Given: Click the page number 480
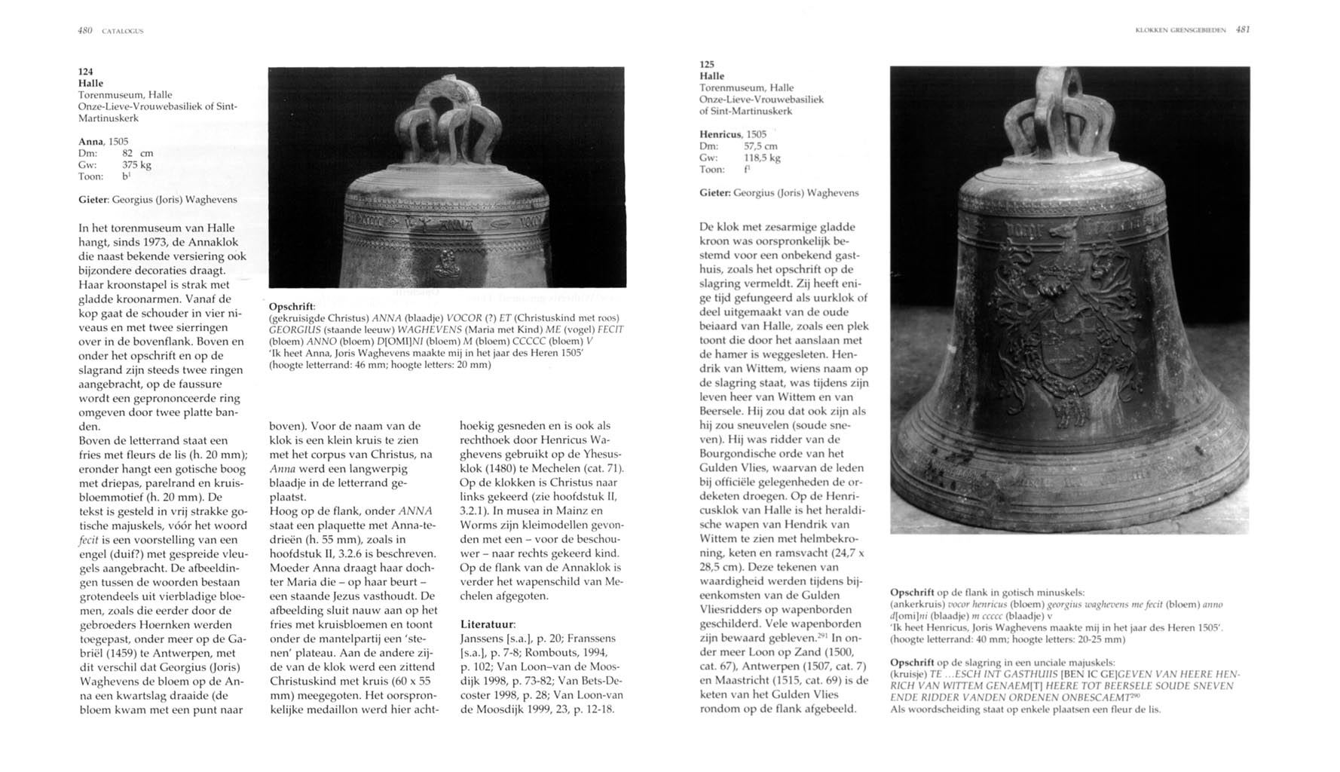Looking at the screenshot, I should [84, 31].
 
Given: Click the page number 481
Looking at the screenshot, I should [1244, 30].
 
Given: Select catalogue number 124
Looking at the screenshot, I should [86, 71].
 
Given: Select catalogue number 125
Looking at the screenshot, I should [706, 64].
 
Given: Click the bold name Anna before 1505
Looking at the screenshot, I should [91, 141].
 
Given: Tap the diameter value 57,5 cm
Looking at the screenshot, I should [760, 146].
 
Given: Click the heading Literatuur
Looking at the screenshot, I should [488, 624].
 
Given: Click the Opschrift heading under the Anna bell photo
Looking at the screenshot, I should [292, 306].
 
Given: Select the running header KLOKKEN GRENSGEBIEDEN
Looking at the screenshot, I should [1181, 30].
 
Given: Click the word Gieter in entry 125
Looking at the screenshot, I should [714, 193].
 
